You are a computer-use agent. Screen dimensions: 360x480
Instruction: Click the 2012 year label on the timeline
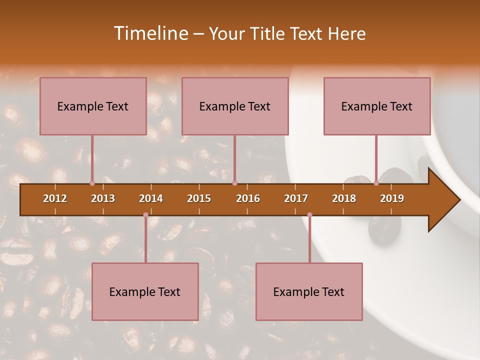pyautogui.click(x=55, y=198)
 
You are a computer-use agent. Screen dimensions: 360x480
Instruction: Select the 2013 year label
pyautogui.click(x=103, y=198)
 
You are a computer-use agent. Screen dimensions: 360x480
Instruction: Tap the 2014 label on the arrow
pyautogui.click(x=151, y=198)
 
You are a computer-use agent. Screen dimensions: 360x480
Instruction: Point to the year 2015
pyautogui.click(x=199, y=198)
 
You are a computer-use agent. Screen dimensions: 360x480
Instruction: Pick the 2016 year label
pyautogui.click(x=248, y=198)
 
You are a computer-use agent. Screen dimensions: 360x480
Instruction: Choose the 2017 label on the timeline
pyautogui.click(x=296, y=198)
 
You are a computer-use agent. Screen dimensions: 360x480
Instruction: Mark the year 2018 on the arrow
pyautogui.click(x=344, y=198)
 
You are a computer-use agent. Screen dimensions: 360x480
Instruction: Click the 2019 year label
pyautogui.click(x=392, y=198)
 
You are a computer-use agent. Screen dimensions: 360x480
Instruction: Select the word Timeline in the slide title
pyautogui.click(x=150, y=33)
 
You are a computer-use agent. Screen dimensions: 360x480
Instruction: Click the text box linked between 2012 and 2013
pyautogui.click(x=93, y=106)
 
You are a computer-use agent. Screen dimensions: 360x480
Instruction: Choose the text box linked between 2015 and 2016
pyautogui.click(x=235, y=106)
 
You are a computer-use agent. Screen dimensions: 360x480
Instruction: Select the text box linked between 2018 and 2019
pyautogui.click(x=377, y=106)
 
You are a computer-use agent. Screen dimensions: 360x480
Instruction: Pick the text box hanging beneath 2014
pyautogui.click(x=145, y=291)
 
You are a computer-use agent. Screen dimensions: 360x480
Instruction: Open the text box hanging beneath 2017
pyautogui.click(x=309, y=291)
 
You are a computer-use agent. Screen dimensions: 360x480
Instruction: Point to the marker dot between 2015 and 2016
pyautogui.click(x=235, y=183)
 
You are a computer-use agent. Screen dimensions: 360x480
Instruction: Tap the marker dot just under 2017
pyautogui.click(x=309, y=215)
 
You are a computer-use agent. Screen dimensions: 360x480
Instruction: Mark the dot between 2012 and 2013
pyautogui.click(x=92, y=183)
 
